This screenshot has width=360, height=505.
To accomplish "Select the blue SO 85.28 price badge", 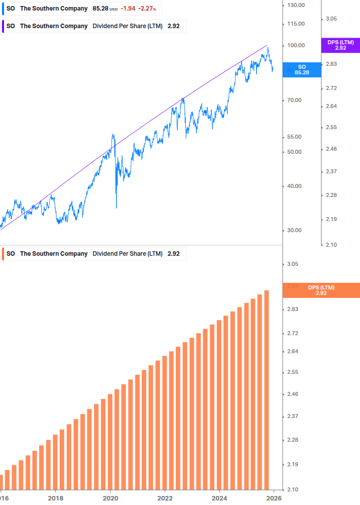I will point(301,70).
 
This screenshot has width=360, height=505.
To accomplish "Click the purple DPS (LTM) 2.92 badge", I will point(340,45).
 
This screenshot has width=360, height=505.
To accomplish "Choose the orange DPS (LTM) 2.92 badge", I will point(321,290).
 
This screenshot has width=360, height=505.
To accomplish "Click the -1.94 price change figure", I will point(128,9).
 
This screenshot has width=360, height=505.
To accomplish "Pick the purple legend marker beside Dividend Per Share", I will point(4,26).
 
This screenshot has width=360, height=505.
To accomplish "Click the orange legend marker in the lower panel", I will point(4,254).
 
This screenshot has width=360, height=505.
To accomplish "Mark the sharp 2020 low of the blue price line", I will point(116,208).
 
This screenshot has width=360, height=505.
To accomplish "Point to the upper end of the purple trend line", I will point(267,45).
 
